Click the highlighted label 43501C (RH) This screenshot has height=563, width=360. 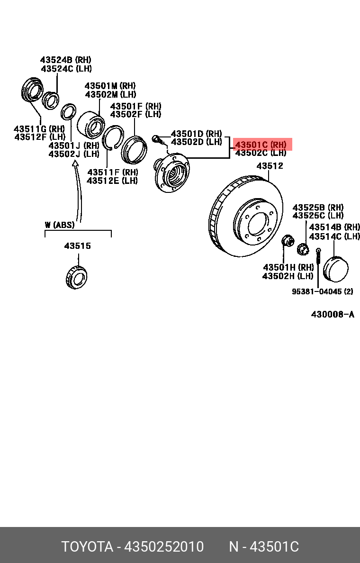pos(261,144)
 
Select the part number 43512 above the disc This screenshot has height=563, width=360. pos(270,166)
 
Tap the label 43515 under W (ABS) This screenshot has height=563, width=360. pos(78,246)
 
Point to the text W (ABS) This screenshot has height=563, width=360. pos(60,225)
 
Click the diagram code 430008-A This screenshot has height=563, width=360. pos(333,314)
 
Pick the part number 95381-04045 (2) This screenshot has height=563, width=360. pos(322,291)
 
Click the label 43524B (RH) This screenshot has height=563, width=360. pos(65,60)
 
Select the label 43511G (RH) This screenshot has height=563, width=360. pos(39,129)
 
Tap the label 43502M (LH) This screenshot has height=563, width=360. pos(110,94)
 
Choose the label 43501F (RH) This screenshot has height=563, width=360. pos(135,106)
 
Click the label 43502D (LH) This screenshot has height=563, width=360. pos(196,142)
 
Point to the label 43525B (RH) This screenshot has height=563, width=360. pos(318,208)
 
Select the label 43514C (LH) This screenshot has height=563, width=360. pos(334,236)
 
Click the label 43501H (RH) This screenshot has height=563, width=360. pos(288,267)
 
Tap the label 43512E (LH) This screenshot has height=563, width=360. pos(112,181)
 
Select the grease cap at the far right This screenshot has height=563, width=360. pos(335,269)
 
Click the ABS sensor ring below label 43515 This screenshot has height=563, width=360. pos(76,277)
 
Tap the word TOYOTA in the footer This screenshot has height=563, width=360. pos(87,546)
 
